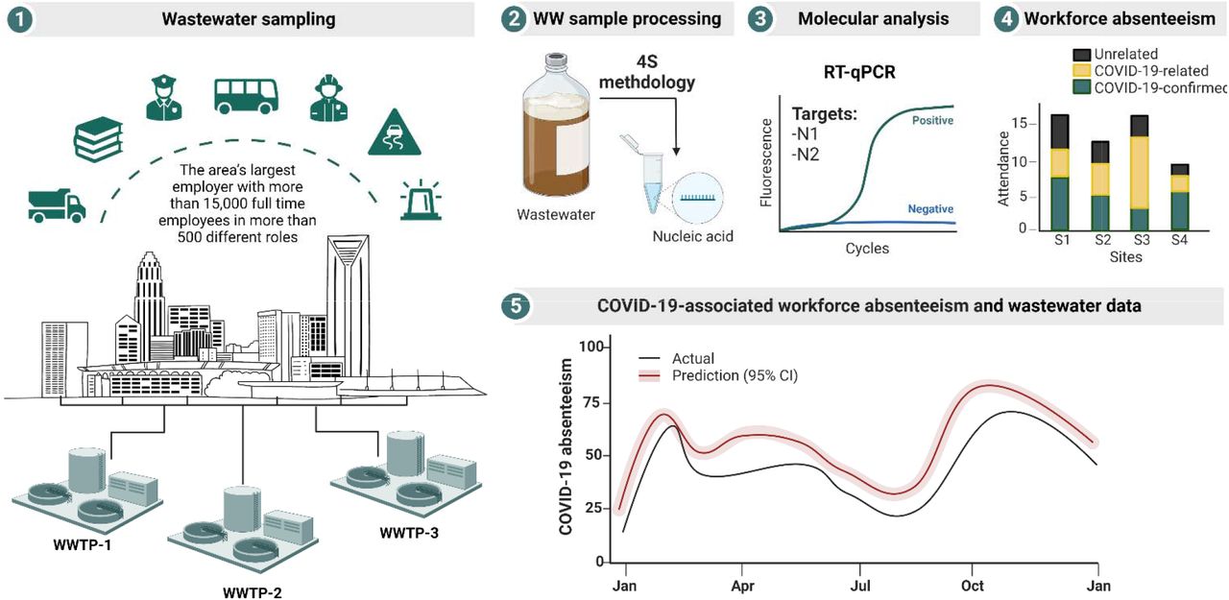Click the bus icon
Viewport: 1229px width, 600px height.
(246, 96)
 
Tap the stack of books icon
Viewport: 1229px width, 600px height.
(98, 139)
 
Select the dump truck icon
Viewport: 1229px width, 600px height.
(57, 205)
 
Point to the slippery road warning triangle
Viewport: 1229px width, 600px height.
(394, 132)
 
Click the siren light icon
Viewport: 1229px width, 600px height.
(421, 200)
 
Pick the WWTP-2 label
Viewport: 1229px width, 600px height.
(253, 593)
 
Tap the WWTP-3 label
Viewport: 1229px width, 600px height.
(409, 533)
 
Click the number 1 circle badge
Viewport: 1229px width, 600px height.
(20, 19)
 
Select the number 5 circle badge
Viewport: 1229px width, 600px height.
(516, 305)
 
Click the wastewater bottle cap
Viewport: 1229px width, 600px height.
(556, 60)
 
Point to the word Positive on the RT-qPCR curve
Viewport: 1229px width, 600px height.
(932, 121)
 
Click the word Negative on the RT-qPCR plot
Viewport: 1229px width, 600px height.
(930, 209)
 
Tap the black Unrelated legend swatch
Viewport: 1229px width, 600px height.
(1081, 55)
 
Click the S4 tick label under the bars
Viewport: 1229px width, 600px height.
(1180, 240)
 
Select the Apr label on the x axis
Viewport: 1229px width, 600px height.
(742, 586)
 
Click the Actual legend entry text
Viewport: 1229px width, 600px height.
(693, 359)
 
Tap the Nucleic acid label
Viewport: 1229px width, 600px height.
(692, 236)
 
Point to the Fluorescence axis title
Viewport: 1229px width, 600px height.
(766, 163)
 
